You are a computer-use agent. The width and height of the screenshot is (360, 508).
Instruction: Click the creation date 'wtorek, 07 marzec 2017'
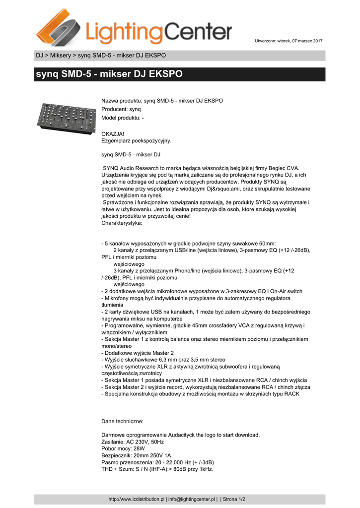coord(300,40)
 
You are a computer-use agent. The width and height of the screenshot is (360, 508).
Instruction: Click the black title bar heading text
coord(109,74)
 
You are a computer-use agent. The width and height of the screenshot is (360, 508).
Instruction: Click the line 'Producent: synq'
coord(121,109)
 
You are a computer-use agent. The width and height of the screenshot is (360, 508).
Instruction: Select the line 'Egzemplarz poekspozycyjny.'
coord(136,140)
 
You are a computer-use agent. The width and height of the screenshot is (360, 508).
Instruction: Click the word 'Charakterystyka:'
coord(121,223)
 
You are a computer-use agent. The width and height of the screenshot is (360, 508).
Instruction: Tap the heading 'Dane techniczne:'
coord(122,421)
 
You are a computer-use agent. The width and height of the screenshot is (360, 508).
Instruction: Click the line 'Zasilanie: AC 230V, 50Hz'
coord(133,442)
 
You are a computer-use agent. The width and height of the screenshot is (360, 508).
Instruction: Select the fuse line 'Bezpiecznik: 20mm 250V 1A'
coord(136,455)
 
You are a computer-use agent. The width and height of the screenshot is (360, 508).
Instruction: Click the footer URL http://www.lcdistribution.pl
coord(136,499)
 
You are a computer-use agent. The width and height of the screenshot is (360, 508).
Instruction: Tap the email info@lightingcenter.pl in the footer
coord(192,499)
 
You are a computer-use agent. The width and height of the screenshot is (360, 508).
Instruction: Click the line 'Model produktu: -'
coord(123,118)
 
